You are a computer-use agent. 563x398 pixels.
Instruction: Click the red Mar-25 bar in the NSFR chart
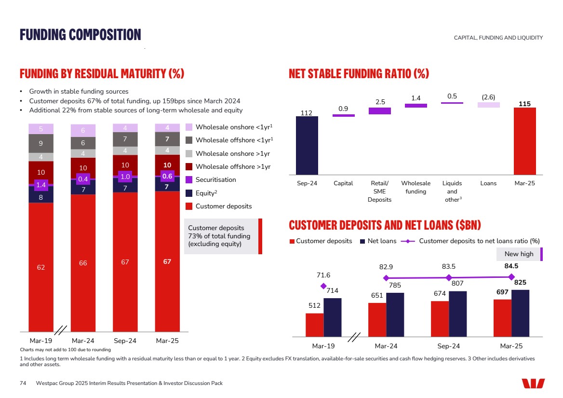pos(524,141)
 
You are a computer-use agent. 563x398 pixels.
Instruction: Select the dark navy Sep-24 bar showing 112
pos(307,145)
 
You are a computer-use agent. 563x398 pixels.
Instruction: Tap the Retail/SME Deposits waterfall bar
pos(380,111)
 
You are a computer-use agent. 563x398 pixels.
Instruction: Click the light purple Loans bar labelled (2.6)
pos(488,105)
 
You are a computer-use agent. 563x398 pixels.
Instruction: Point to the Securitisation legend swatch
pos(189,180)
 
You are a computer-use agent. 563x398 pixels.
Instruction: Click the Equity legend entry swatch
pos(189,193)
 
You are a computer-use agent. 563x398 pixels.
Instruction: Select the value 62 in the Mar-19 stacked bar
pos(41,267)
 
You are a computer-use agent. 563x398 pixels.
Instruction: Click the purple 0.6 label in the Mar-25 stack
pos(167,176)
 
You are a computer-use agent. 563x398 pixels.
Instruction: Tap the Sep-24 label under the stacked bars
pos(125,341)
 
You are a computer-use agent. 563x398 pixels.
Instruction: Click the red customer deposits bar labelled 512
pos(314,325)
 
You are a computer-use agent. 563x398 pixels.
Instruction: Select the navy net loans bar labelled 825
pos(520,313)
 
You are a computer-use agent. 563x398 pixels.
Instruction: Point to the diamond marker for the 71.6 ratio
pos(323,286)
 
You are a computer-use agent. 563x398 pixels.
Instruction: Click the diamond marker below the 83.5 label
pos(449,277)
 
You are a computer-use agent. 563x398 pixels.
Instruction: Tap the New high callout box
pos(519,254)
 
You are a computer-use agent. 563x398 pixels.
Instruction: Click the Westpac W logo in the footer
pos(533,383)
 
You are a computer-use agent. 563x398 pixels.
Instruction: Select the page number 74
pos(23,383)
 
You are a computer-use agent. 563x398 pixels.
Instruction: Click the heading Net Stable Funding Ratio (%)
pos(359,74)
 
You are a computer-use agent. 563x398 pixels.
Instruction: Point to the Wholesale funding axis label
pos(416,187)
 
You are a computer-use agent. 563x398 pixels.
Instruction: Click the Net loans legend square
pos(362,241)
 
